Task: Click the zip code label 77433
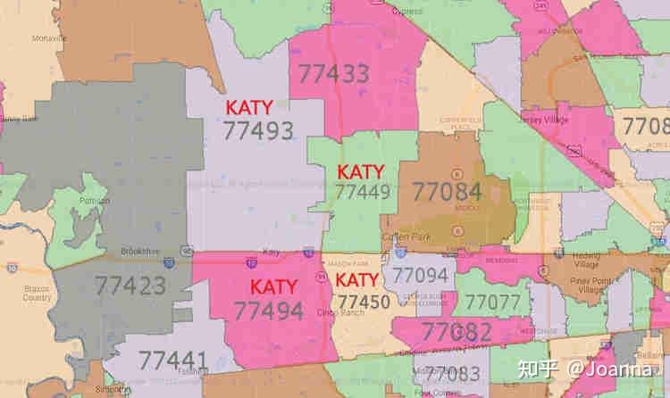point(333,71)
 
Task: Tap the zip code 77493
point(258,130)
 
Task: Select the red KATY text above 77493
point(249,107)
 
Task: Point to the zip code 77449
point(362,191)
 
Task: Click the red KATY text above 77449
point(360,171)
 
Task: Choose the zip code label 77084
point(446,191)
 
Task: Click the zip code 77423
point(130,286)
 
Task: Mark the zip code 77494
point(267,310)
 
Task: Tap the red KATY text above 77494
point(273,287)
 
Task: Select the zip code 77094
point(420,276)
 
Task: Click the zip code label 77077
point(492,303)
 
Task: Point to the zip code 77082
point(456,332)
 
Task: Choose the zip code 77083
point(453,374)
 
